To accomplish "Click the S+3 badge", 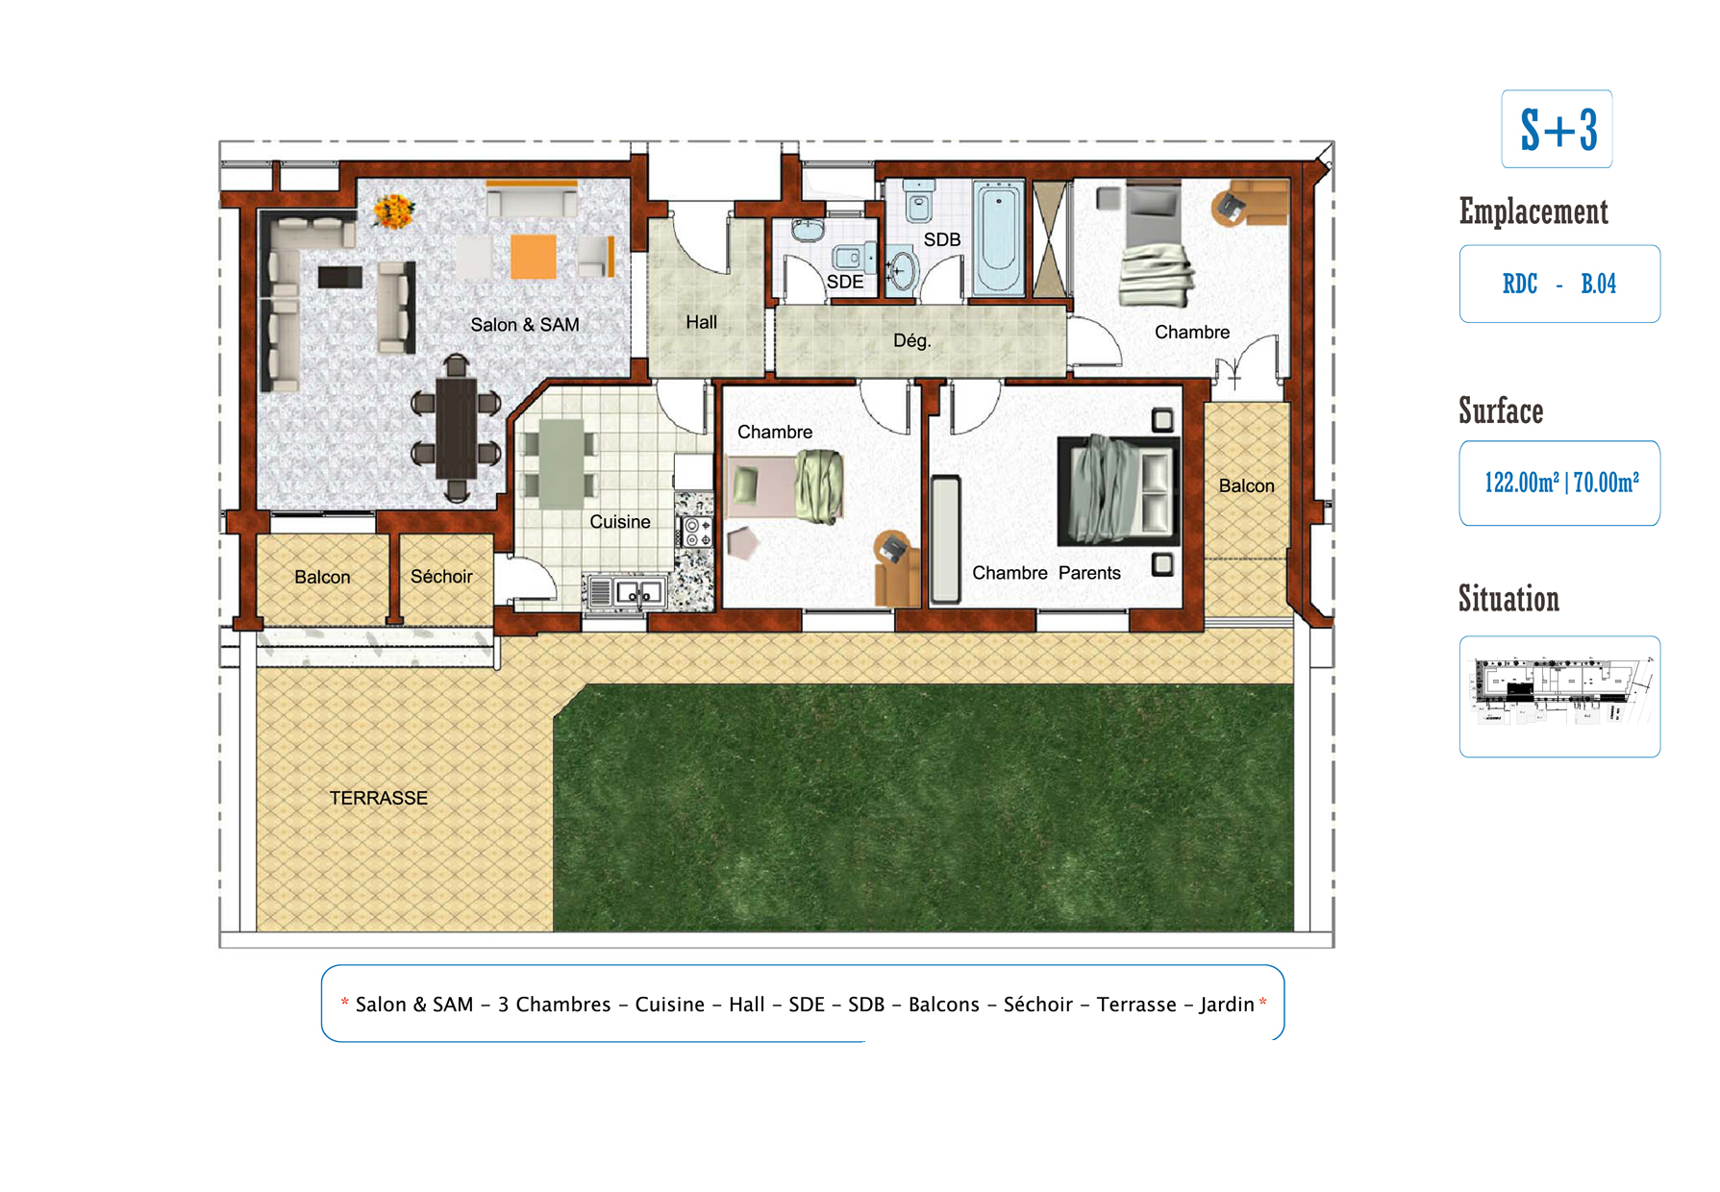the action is click(1557, 129).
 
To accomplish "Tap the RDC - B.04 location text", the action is click(1559, 284).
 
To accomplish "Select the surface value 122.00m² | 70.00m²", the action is click(1561, 482).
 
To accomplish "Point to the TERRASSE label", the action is click(378, 798).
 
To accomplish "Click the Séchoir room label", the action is click(441, 576).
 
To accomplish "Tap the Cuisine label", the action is click(619, 521).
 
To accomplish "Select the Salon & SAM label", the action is click(525, 325).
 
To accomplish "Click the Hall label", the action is click(701, 322).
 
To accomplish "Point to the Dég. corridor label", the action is click(911, 340).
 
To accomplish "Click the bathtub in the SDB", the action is click(998, 237).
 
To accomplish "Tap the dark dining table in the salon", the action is click(457, 429).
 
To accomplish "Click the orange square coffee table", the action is click(533, 257).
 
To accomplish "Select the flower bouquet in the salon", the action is click(393, 211).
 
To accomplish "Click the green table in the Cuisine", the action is click(561, 463).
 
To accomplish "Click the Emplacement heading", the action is click(1533, 211).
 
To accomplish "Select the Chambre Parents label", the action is click(1046, 573).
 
